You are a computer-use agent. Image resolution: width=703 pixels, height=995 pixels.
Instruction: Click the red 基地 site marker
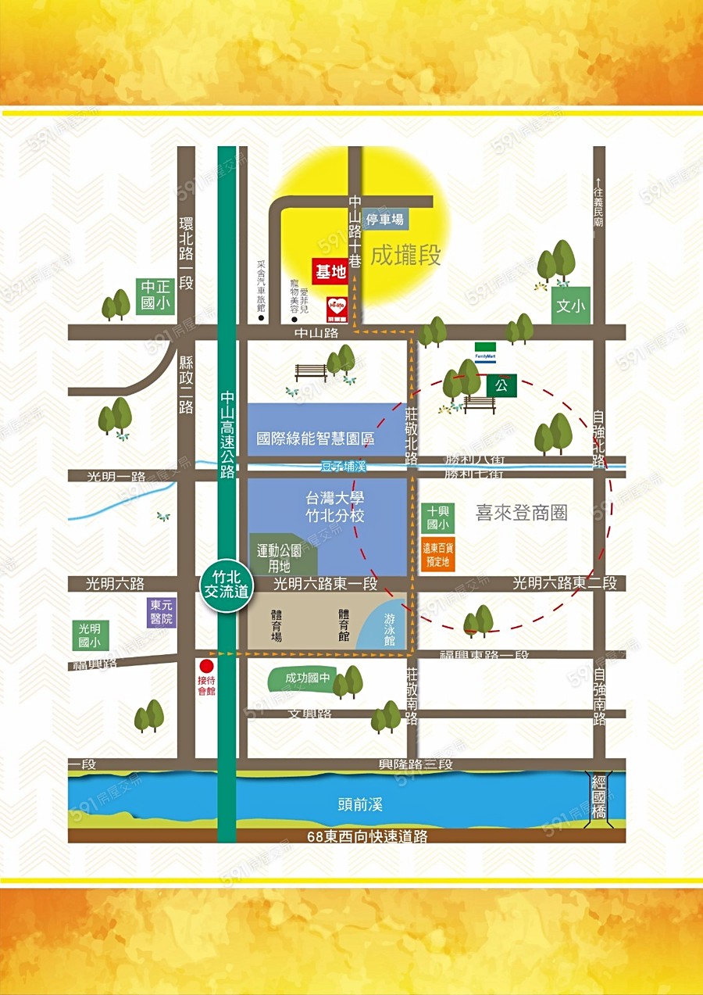coord(330,272)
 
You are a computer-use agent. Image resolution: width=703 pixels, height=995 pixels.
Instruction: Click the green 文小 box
coord(570,306)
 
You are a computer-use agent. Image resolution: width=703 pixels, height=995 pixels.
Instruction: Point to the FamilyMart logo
coord(485,353)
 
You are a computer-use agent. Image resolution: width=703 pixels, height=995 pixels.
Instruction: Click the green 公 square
coord(501,385)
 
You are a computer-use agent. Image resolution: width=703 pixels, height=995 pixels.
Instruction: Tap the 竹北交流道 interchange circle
coord(226,585)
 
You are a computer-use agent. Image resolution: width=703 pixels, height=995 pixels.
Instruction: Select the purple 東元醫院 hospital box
coord(162,612)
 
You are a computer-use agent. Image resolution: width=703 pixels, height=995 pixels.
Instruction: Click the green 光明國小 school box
coord(89,635)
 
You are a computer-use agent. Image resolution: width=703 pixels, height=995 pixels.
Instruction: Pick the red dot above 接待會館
coord(206,666)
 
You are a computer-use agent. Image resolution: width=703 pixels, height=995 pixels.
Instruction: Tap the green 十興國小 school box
coord(437,517)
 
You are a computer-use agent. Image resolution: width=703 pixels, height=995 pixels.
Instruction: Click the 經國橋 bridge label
coord(599,796)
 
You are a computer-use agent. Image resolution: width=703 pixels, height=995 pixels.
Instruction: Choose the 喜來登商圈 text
coord(521,513)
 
